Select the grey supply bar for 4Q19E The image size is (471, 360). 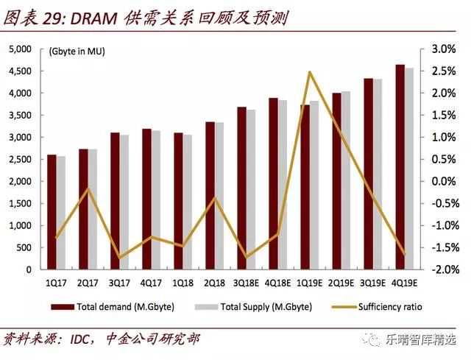click(x=409, y=169)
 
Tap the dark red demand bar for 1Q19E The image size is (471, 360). click(x=304, y=187)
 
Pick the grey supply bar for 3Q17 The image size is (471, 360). click(x=124, y=202)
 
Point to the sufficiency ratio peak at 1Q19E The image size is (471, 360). click(x=310, y=71)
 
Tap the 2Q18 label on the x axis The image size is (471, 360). click(x=214, y=283)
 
